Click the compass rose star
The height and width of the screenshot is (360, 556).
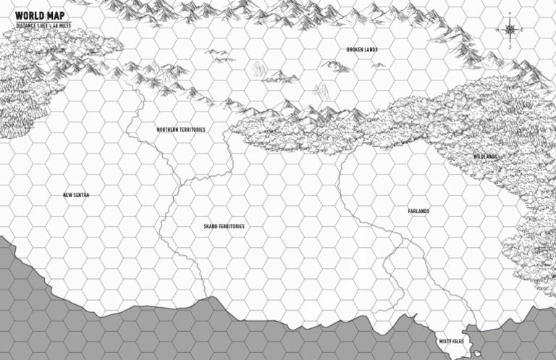tap(510, 30)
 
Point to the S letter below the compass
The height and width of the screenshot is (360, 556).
tap(510, 47)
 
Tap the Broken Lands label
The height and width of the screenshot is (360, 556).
tap(362, 50)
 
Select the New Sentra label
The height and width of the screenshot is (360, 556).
tap(76, 195)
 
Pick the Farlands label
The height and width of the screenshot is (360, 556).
tap(418, 212)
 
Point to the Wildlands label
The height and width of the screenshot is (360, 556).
tap(485, 157)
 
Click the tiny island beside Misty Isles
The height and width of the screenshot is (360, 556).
tap(475, 355)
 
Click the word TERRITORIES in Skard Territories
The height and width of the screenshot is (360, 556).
tap(232, 227)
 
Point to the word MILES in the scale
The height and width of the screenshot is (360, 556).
tap(64, 25)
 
